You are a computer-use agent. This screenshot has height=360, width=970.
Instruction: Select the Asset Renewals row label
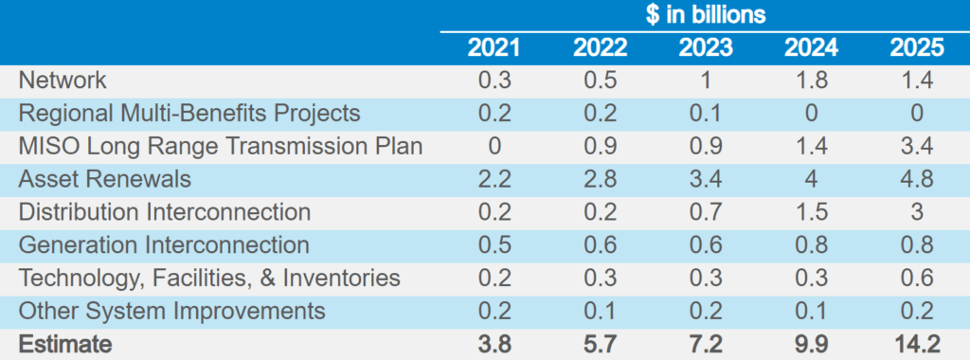click(105, 179)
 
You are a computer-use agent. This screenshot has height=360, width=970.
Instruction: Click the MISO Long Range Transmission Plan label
click(221, 146)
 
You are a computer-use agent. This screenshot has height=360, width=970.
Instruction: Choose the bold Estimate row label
click(65, 345)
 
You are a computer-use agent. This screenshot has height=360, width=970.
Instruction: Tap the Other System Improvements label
click(172, 312)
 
